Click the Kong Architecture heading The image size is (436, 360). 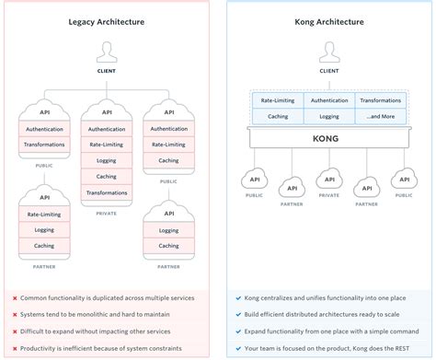tap(328, 20)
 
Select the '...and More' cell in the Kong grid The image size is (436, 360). tap(380, 117)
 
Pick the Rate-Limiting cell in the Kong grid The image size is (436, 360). tap(277, 101)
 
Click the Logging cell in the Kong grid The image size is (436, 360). tap(328, 117)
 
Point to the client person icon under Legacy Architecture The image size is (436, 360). tap(108, 51)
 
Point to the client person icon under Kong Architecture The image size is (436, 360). tap(328, 51)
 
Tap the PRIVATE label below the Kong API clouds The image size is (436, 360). tap(328, 195)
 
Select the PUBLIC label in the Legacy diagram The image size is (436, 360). tap(45, 167)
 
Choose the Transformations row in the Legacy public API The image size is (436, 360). tap(45, 145)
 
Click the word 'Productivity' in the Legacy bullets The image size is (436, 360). tap(45, 347)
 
